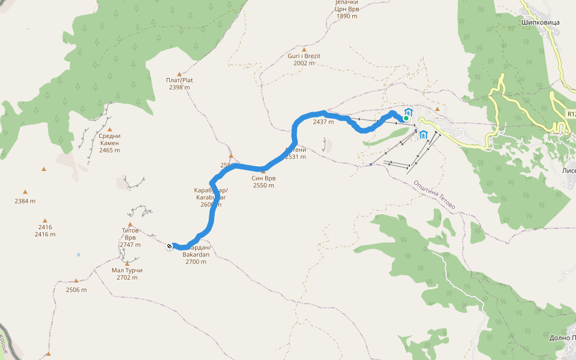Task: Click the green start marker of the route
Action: click(406, 118)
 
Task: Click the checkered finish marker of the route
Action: click(170, 245)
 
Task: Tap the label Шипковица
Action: click(540, 22)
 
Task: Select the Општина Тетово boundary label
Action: click(434, 196)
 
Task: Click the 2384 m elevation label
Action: click(25, 201)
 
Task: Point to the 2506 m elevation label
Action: click(76, 290)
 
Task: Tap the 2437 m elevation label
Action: click(323, 122)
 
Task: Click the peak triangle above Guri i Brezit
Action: click(304, 49)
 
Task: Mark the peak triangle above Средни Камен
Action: click(110, 129)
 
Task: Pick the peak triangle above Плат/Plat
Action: click(179, 73)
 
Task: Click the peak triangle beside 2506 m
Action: click(76, 281)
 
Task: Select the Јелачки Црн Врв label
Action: click(346, 9)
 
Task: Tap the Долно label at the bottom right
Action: click(562, 338)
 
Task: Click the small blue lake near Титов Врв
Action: click(78, 254)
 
